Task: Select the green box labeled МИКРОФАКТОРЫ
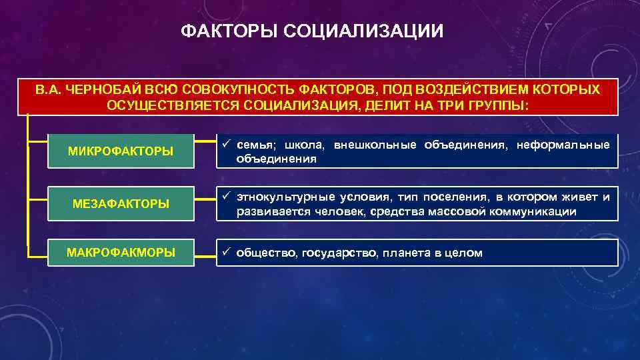tap(121, 151)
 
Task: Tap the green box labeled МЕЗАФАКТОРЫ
tap(121, 203)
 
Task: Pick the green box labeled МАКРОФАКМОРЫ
tap(121, 253)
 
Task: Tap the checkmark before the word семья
tap(226, 145)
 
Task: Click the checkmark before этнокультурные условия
tap(226, 197)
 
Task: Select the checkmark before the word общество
tap(226, 253)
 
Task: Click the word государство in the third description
tap(339, 253)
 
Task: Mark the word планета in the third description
tap(409, 253)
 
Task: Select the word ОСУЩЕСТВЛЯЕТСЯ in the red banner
tap(173, 105)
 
